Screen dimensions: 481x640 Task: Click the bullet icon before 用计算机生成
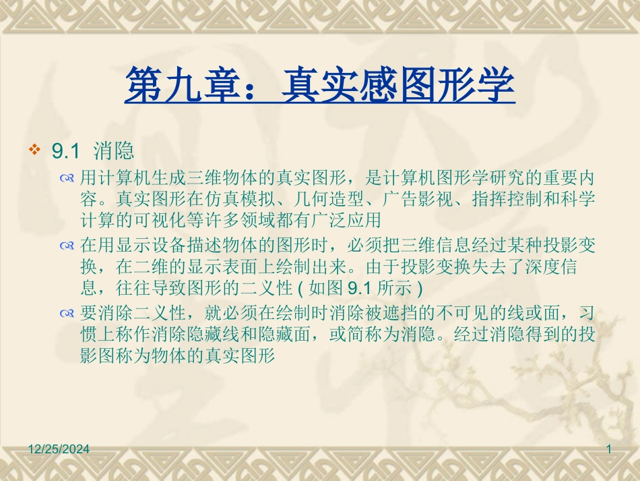66,178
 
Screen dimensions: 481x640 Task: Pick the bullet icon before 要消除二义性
66,314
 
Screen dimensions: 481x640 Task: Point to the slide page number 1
608,449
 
